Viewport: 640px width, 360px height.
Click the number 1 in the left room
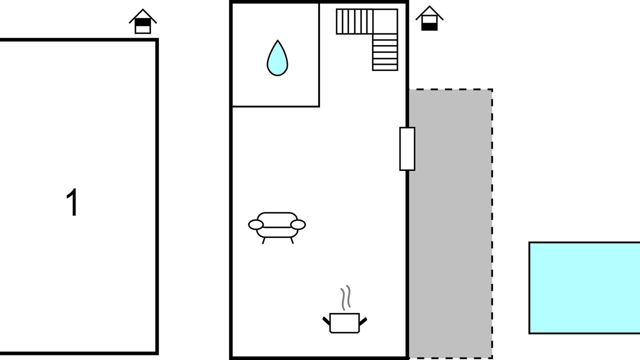coord(73,202)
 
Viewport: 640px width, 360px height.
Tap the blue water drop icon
coord(277,59)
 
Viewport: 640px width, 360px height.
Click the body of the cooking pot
coord(344,322)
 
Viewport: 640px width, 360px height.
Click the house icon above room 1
coord(143,21)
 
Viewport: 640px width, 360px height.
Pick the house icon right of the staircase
coord(429,18)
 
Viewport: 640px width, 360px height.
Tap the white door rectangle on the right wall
coord(407,149)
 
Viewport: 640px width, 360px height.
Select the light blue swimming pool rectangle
coord(584,287)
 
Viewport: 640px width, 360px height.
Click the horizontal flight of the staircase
coord(354,21)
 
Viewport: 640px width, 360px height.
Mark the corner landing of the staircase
coord(385,21)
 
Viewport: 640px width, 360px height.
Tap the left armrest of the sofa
coord(255,225)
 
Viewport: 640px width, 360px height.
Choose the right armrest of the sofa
coord(298,225)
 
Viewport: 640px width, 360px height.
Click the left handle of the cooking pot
coord(326,319)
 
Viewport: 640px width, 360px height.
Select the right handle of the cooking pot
coord(363,319)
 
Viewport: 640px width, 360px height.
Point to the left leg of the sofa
coord(264,240)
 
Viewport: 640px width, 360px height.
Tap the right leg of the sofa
coord(292,240)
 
